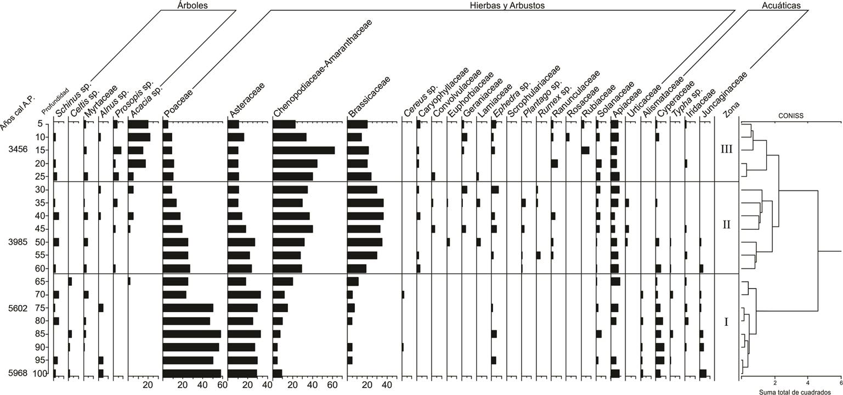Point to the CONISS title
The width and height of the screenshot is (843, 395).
[x=789, y=116]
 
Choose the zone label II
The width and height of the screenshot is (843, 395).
[x=727, y=225]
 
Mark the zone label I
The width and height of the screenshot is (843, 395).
[x=726, y=322]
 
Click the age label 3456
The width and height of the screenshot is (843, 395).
[x=18, y=150]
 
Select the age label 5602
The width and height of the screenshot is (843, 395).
[x=18, y=308]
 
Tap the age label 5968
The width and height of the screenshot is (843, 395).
[x=18, y=374]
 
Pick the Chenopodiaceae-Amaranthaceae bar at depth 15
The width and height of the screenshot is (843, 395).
[x=303, y=150]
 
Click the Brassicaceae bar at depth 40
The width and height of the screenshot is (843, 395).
[x=365, y=216]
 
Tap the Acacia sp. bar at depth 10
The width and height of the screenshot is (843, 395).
[x=139, y=137]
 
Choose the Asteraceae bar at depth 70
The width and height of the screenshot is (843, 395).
[x=244, y=295]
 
